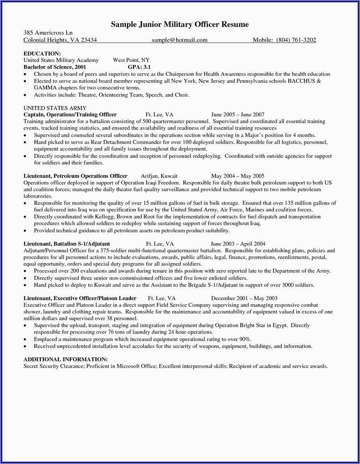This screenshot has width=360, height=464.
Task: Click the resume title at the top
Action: tap(179, 24)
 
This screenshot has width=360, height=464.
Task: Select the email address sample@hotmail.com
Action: tap(179, 40)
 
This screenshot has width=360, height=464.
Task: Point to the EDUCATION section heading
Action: tap(42, 53)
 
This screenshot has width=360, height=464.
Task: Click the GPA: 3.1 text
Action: tap(140, 66)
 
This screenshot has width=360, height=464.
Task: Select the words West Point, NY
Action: tap(131, 60)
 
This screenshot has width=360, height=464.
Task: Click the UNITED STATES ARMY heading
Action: tap(55, 108)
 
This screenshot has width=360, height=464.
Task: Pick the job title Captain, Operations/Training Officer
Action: tap(70, 115)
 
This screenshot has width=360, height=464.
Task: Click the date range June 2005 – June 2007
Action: tap(237, 115)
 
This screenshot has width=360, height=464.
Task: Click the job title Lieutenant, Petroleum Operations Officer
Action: tap(75, 176)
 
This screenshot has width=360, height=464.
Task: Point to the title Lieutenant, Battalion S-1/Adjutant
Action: tap(66, 244)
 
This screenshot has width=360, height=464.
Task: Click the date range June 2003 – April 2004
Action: tap(238, 244)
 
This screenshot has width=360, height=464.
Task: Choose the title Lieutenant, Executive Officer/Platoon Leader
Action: tap(80, 298)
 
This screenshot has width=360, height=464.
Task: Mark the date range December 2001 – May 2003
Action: tap(244, 298)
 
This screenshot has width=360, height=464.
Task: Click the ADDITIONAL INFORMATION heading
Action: tap(65, 359)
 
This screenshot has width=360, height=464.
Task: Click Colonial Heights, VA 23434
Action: tap(60, 40)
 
